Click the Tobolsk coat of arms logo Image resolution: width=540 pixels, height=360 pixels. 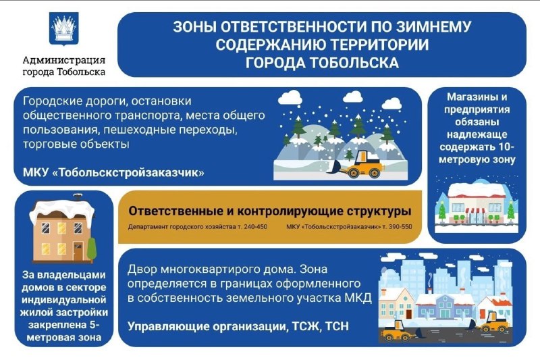pyautogui.click(x=64, y=29)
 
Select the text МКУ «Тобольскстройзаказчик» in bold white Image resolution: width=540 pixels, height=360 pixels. pyautogui.click(x=113, y=172)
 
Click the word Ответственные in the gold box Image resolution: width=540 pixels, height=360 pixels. pyautogui.click(x=175, y=211)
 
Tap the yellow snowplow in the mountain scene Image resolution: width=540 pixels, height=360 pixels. pyautogui.click(x=362, y=165)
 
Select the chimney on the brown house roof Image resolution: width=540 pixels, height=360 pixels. pyautogui.click(x=78, y=197)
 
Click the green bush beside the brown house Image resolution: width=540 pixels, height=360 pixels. pyautogui.click(x=92, y=248)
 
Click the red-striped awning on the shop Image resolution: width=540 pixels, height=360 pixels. pyautogui.click(x=475, y=210)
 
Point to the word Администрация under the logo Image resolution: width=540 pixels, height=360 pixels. pyautogui.click(x=64, y=60)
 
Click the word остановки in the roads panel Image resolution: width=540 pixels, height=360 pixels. pyautogui.click(x=161, y=101)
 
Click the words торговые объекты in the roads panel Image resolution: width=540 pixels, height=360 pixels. pyautogui.click(x=76, y=144)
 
